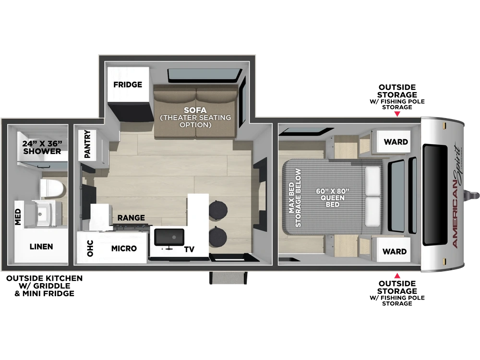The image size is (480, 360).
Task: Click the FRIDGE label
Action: click(128, 84)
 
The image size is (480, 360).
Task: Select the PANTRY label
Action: click(87, 144)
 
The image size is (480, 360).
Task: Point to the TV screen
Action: click(169, 237)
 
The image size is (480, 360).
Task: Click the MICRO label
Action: click(124, 248)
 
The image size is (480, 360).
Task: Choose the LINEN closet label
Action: click(41, 246)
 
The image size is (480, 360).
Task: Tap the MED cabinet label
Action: click(18, 217)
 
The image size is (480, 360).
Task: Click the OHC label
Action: click(90, 248)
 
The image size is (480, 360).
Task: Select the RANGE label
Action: click(131, 217)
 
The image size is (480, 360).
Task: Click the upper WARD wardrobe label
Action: click(396, 142)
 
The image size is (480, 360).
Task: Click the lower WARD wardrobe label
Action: click(395, 252)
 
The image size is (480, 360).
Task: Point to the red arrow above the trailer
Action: click(397, 114)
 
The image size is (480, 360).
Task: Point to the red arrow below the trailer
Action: click(397, 276)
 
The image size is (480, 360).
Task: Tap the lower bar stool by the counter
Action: click(218, 236)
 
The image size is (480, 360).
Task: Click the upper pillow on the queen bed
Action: click(372, 181)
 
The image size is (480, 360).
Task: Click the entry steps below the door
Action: click(228, 277)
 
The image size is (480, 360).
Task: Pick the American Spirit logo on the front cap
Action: click(457, 196)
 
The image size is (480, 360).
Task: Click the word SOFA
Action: click(195, 110)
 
